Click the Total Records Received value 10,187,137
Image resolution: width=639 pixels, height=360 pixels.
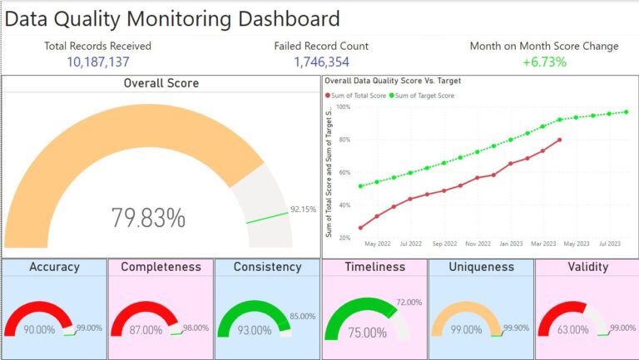[97, 62]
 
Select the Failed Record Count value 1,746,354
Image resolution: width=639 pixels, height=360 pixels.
[320, 62]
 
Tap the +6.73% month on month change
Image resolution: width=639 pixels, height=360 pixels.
[544, 62]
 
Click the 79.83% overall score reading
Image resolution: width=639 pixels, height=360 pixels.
[148, 218]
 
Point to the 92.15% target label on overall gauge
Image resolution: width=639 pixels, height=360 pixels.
[303, 210]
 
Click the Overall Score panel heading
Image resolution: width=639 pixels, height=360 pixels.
[161, 83]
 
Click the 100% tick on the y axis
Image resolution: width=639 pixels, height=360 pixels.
[342, 107]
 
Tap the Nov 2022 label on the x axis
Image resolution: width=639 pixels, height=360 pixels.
[478, 244]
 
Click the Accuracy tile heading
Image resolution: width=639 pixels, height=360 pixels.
[54, 267]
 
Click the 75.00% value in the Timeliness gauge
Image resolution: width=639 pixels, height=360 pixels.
[367, 333]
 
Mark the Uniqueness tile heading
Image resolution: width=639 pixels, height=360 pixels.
[481, 267]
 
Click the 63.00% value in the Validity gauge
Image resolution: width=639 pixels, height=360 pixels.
[572, 330]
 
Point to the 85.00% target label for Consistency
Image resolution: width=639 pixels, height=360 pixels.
[302, 316]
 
